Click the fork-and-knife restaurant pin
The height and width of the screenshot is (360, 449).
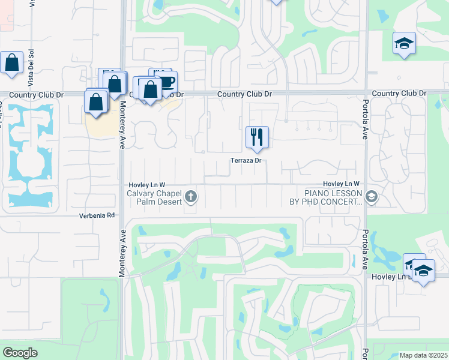coord(257,137)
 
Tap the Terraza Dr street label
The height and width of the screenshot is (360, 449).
coord(247,161)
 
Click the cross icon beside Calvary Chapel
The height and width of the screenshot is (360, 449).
coord(191,196)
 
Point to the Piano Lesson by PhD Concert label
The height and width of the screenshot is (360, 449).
coord(333,197)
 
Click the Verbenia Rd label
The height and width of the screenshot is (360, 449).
coord(97,215)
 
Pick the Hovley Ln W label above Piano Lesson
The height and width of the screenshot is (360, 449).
coord(340,184)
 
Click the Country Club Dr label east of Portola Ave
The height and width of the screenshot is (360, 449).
coord(399,94)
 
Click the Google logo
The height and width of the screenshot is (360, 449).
coord(20,353)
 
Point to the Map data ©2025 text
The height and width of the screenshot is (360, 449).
coord(423,355)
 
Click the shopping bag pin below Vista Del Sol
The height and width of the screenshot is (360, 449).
coord(12,62)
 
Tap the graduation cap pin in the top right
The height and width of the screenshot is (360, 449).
coord(405,43)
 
